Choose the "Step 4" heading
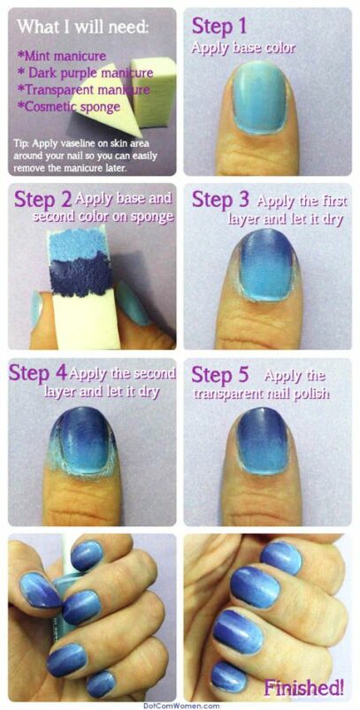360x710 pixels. (37, 373)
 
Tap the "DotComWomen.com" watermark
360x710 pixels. (180, 705)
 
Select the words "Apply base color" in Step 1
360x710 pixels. (243, 48)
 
